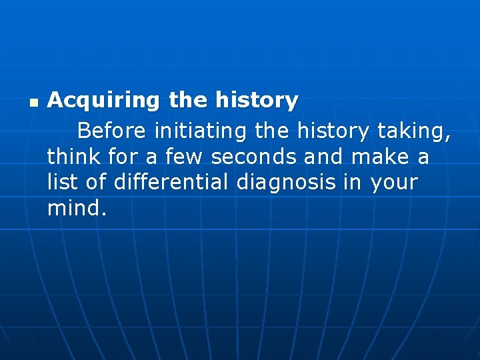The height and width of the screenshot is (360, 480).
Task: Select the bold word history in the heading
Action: (257, 101)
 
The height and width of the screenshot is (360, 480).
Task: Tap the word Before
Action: (110, 131)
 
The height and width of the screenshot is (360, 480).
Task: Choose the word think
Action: (73, 157)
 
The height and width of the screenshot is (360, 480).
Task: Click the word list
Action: (61, 182)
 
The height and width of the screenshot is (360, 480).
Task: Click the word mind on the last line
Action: (73, 208)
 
